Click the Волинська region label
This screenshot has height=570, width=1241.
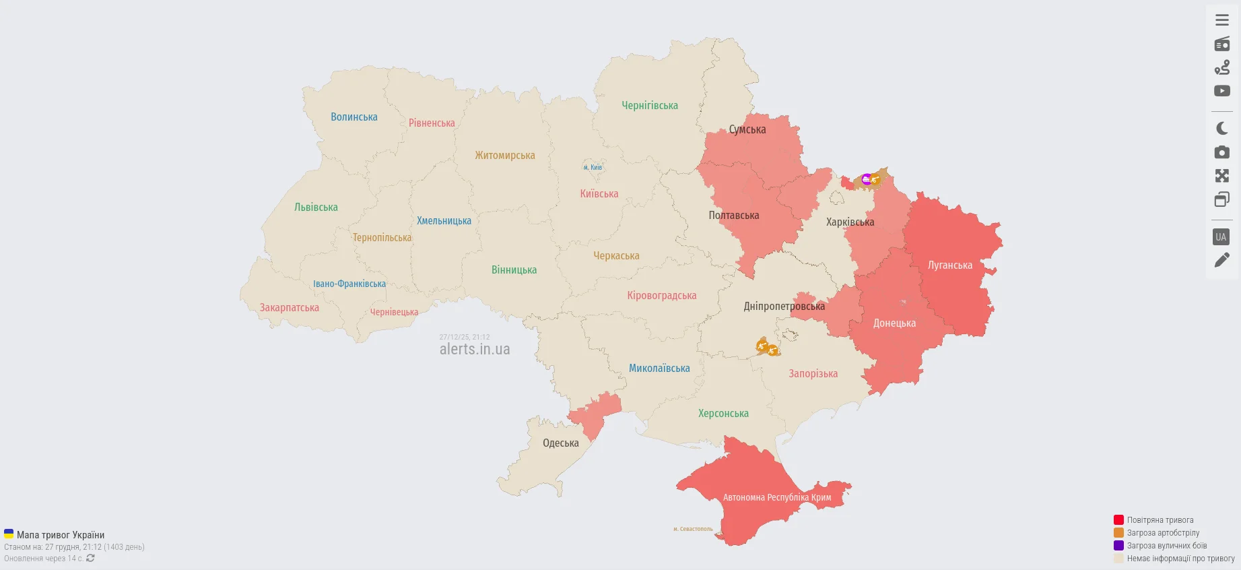(x=354, y=117)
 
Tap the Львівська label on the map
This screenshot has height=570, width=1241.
(x=316, y=208)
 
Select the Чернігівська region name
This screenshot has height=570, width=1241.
(x=649, y=106)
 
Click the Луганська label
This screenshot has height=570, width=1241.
(x=949, y=265)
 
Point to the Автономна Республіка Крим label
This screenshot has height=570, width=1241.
(x=776, y=498)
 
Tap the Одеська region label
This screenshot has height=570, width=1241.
(x=560, y=443)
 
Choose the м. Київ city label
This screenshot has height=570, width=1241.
(x=593, y=168)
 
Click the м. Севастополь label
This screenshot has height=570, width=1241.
(x=693, y=529)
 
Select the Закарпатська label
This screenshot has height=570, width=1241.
(x=289, y=308)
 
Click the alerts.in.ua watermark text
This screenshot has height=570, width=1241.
(x=475, y=349)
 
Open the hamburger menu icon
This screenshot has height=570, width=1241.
(x=1221, y=20)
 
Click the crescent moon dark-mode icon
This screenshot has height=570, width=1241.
(x=1221, y=128)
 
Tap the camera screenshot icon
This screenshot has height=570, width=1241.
(x=1221, y=152)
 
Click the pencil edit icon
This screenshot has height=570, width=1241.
(x=1221, y=260)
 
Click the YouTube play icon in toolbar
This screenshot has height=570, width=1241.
(x=1221, y=91)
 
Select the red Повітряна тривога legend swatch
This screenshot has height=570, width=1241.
(x=1118, y=520)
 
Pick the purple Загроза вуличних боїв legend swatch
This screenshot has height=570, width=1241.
(x=1118, y=546)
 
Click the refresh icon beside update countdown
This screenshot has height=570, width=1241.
(x=90, y=559)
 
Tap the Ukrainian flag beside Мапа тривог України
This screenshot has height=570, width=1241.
(x=9, y=534)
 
